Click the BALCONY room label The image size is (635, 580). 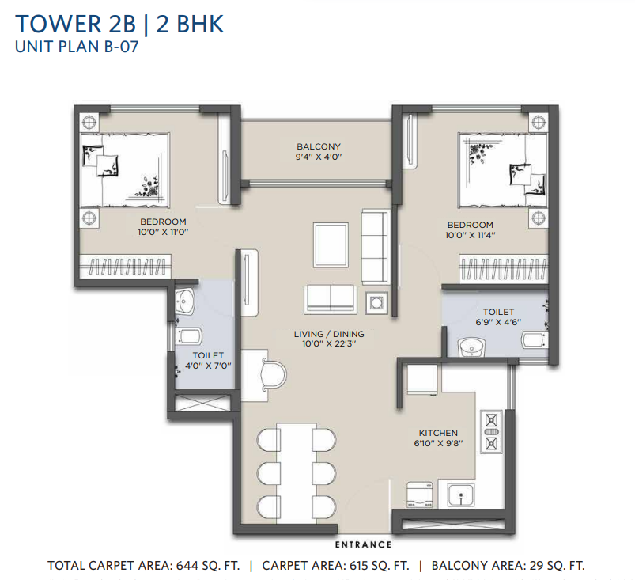(x=319, y=146)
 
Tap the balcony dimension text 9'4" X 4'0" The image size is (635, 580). (x=319, y=157)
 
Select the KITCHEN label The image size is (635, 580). (x=438, y=433)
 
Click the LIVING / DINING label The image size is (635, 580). (x=329, y=334)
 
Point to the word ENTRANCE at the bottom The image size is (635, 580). (x=364, y=544)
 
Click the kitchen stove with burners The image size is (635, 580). (x=491, y=431)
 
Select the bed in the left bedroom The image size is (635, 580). (x=125, y=167)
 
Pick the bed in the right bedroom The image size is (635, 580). (x=503, y=169)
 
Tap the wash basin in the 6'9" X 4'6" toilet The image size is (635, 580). (x=473, y=347)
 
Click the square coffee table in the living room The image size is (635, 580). (x=329, y=246)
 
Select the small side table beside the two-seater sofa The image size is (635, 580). (x=375, y=301)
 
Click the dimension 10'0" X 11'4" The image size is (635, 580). (x=470, y=236)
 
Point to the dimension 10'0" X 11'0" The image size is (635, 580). (x=163, y=233)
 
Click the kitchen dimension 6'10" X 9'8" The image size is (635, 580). (x=438, y=444)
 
